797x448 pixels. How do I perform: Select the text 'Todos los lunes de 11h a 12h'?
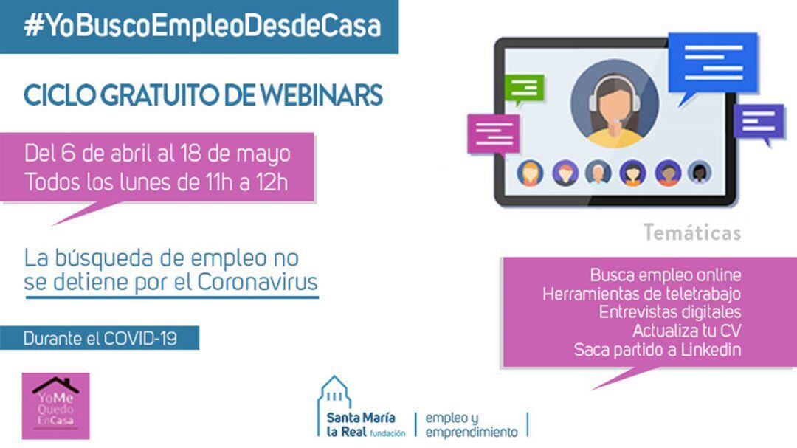156,182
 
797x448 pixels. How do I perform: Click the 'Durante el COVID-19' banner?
100,339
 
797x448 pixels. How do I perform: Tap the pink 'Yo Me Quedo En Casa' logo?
55,405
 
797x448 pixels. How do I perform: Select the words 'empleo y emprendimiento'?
471,424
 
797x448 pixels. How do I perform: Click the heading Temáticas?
691,233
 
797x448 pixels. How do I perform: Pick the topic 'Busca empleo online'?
665,275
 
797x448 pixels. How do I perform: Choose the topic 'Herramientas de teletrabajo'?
641,294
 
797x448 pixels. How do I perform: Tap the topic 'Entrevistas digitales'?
669,312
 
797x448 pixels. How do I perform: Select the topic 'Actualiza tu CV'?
686,331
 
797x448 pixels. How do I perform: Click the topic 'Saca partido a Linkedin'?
657,350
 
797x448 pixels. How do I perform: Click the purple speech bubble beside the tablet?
758,123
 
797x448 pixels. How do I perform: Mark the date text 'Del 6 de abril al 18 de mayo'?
157,154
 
